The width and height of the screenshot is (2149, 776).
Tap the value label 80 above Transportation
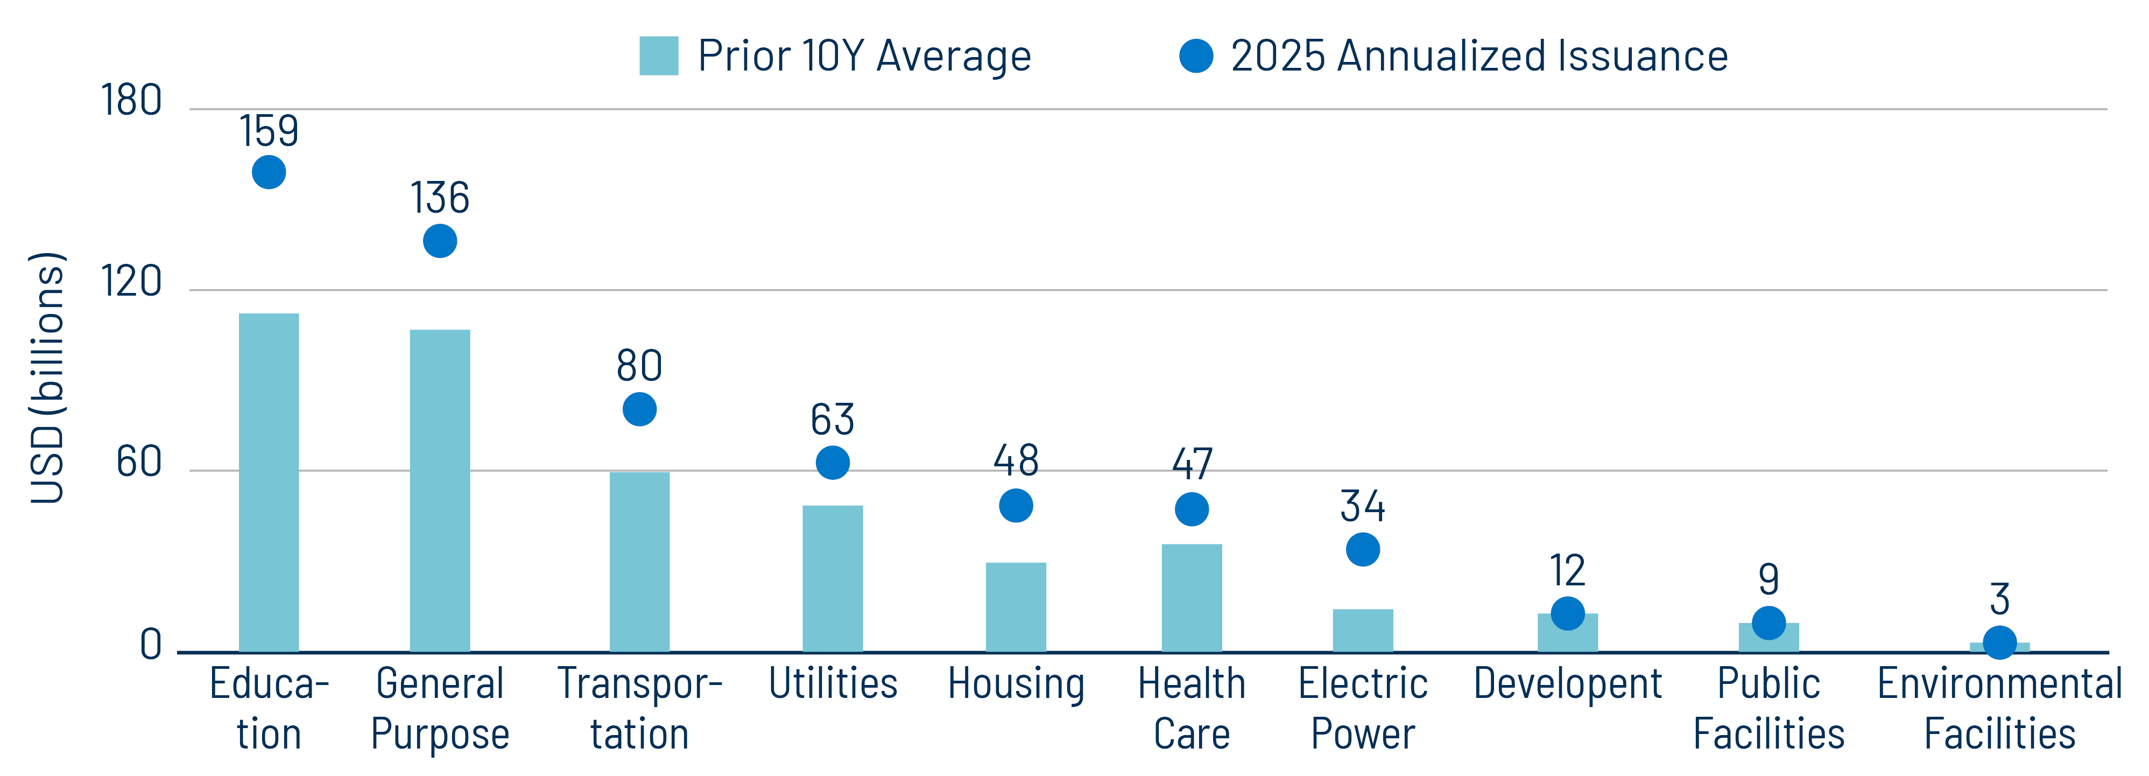(639, 366)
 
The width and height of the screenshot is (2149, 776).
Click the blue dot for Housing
(1015, 506)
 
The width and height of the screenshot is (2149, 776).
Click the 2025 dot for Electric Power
(1362, 550)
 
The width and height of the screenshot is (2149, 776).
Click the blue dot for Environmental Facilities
(1999, 642)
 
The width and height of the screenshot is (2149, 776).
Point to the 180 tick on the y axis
(131, 101)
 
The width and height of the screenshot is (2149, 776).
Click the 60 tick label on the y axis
(138, 462)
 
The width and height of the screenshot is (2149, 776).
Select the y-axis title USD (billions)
(47, 377)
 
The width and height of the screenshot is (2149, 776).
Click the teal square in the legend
(658, 56)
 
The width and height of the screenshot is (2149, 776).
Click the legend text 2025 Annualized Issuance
(1478, 56)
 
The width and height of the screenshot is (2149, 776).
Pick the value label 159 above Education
(269, 131)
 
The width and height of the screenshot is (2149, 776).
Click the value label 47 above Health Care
(1192, 464)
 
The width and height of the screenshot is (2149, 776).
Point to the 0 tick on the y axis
(151, 644)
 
